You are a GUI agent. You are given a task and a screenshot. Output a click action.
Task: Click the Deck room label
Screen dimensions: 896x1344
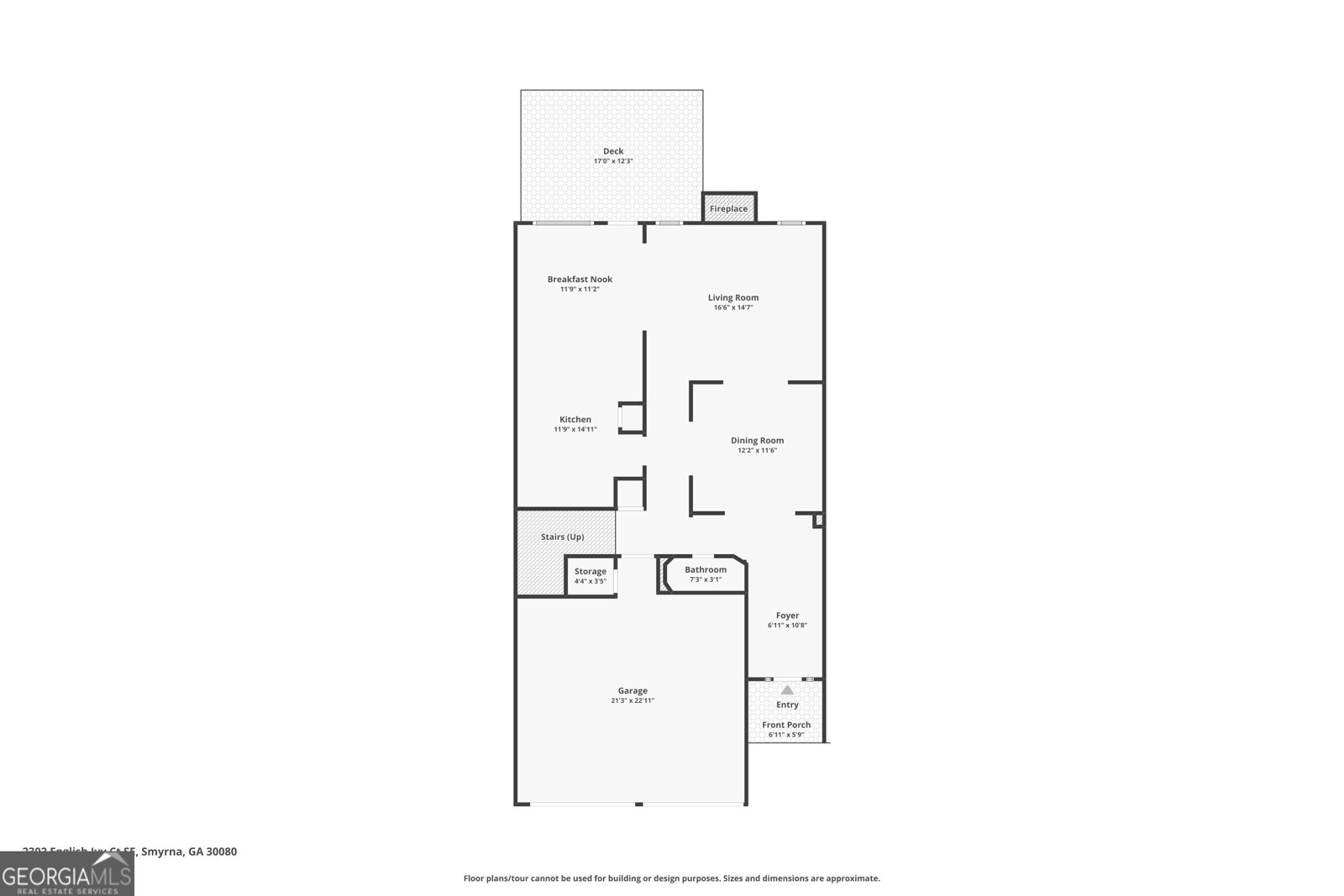[613, 151]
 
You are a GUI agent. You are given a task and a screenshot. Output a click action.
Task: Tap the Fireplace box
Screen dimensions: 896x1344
[728, 208]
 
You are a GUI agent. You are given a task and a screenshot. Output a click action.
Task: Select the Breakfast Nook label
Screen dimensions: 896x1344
[580, 279]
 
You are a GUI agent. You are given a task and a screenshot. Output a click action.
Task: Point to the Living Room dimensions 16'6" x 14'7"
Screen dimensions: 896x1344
[733, 307]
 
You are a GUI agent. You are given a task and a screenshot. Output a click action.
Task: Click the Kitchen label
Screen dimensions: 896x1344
[575, 419]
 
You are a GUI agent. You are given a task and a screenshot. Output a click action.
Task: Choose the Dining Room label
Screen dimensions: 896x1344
[757, 440]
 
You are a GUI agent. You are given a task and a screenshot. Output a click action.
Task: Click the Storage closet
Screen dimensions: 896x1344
[591, 576]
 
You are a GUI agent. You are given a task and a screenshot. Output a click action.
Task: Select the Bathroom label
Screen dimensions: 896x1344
[706, 569]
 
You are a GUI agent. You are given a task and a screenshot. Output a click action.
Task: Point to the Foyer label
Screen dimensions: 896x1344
[787, 616]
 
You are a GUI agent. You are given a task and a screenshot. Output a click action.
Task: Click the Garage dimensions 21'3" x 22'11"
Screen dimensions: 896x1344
[633, 700]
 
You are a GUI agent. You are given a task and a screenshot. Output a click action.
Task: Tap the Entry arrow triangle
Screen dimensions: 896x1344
[787, 689]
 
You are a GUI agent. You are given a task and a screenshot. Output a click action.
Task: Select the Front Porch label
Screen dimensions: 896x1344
[786, 725]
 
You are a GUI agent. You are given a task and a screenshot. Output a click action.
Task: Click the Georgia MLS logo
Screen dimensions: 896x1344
[66, 874]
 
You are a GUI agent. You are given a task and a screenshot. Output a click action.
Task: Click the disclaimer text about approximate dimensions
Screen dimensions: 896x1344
[672, 878]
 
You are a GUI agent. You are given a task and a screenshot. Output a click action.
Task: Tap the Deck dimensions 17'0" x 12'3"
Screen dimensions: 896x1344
[613, 161]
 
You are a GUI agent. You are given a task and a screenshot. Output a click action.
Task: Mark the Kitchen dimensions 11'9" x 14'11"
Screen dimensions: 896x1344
[575, 429]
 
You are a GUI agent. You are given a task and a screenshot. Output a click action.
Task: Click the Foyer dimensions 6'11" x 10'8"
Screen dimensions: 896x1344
[787, 626]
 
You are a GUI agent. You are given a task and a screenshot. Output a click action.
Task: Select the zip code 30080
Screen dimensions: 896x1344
[223, 851]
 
